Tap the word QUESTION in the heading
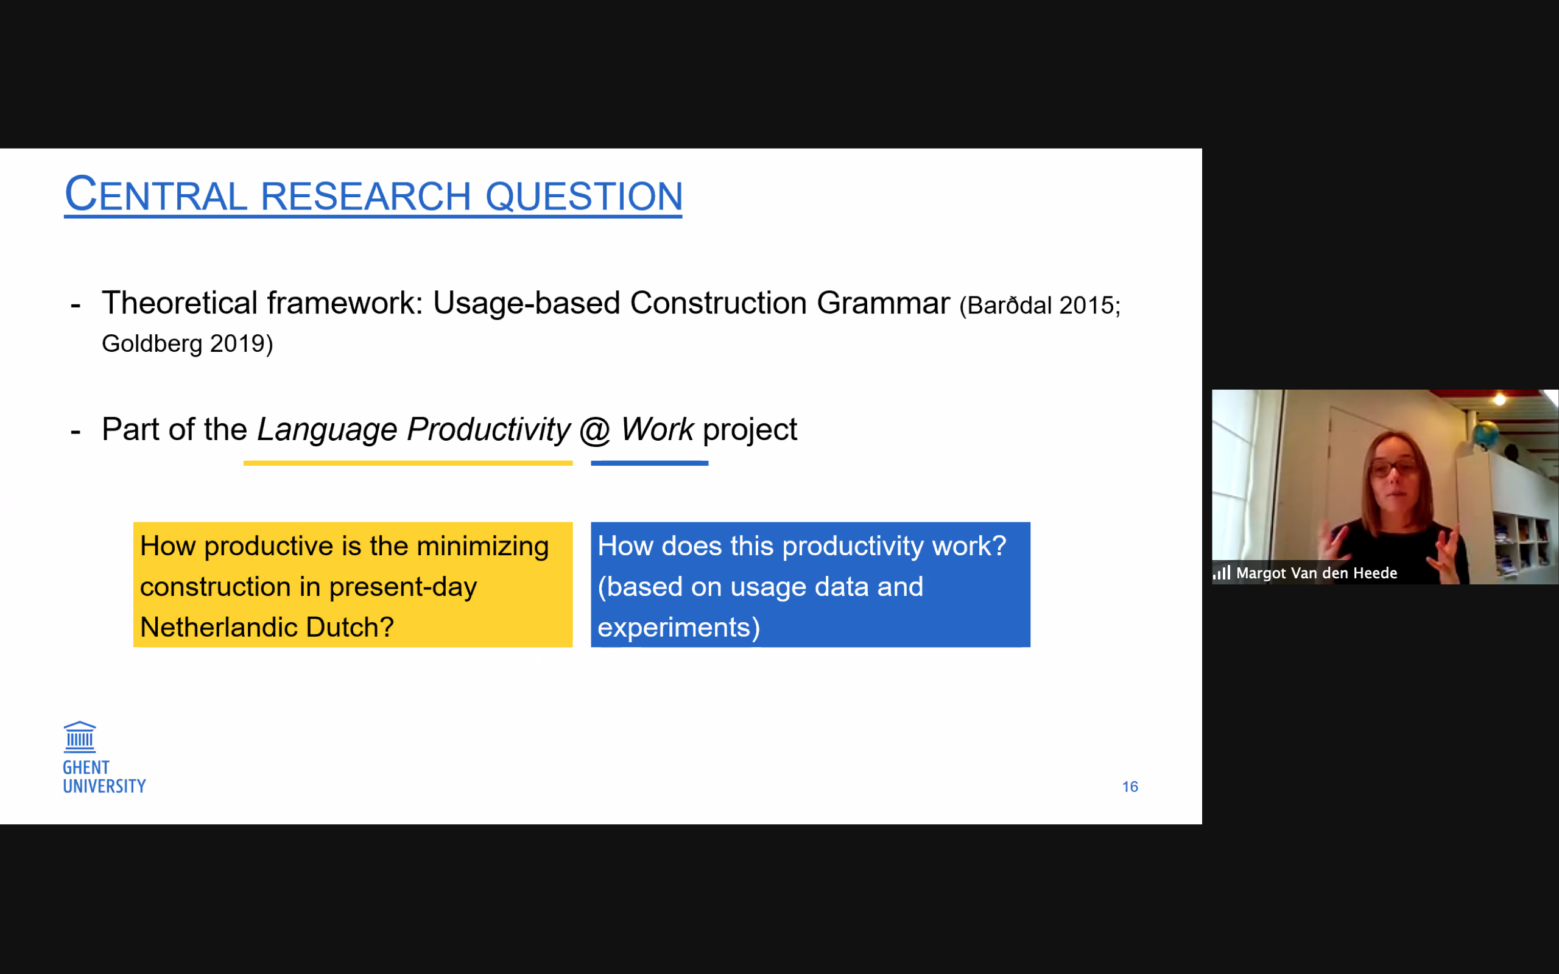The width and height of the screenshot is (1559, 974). pos(583,196)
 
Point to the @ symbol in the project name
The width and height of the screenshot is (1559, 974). pos(594,430)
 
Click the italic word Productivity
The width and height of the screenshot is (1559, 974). pos(489,430)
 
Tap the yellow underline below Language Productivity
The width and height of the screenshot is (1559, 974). pos(408,463)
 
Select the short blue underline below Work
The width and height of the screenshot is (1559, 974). pos(649,463)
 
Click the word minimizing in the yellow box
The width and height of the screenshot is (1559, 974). pos(482,547)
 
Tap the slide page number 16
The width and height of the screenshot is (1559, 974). pos(1130,787)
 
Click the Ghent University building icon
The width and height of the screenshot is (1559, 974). pos(80,737)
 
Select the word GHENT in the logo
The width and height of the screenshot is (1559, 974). pos(86,768)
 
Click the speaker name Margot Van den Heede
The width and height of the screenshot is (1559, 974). pos(1316,573)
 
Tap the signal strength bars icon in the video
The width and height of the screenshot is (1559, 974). pos(1222,573)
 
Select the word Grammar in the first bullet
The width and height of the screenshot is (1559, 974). pos(883,303)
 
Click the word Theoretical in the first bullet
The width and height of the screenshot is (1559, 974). pos(180,303)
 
